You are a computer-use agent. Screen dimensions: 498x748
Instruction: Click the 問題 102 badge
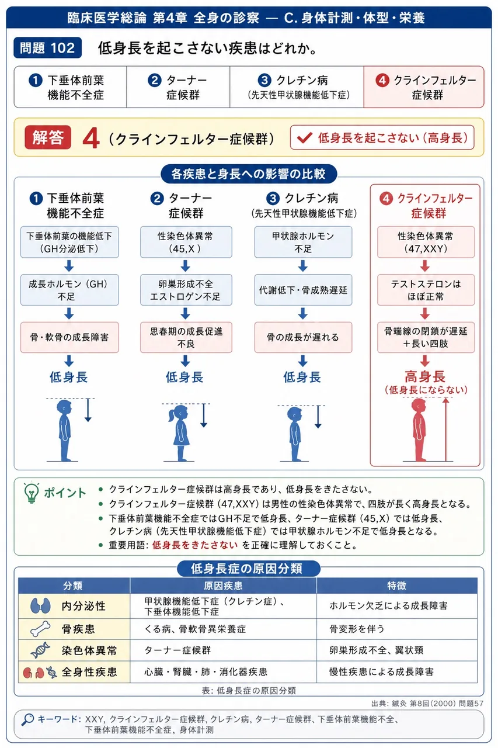click(x=47, y=48)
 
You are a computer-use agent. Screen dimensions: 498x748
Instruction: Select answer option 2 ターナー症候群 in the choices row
click(x=178, y=87)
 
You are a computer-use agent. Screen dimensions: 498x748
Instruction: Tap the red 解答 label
click(x=48, y=137)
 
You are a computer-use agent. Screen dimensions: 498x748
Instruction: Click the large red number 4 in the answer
click(x=91, y=138)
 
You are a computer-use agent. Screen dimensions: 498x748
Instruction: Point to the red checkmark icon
click(x=304, y=137)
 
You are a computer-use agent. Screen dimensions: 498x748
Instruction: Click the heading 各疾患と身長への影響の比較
click(x=249, y=174)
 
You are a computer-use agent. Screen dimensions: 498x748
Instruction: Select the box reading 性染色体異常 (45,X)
click(x=186, y=242)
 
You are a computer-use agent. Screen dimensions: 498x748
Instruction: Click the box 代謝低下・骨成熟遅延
click(x=303, y=290)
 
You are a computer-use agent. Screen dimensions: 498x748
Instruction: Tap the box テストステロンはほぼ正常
click(x=426, y=290)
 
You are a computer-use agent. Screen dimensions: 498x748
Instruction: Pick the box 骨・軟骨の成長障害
click(x=69, y=337)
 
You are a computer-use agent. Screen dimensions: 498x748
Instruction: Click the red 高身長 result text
click(x=425, y=377)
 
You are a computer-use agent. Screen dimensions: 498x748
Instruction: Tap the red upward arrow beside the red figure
click(x=445, y=429)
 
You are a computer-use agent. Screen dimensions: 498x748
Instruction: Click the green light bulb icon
click(x=32, y=493)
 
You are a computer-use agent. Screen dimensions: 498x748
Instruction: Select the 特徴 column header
click(x=396, y=586)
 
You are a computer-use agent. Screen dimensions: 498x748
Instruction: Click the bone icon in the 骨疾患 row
click(x=40, y=629)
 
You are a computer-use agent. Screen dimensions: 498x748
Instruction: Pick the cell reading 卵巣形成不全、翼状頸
click(x=397, y=650)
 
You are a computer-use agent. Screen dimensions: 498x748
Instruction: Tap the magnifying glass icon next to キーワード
click(x=27, y=719)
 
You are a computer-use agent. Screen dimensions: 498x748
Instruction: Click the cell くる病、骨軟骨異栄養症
click(x=223, y=629)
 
